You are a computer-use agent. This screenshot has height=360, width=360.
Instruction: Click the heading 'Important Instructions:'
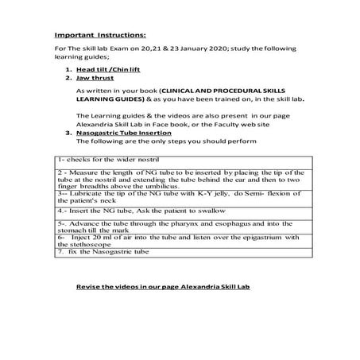click(99, 35)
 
